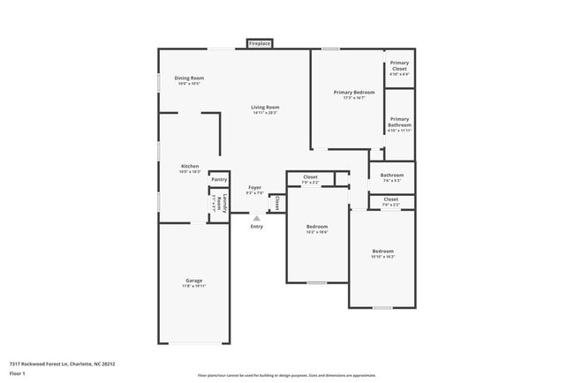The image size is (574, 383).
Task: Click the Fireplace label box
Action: tap(260, 42)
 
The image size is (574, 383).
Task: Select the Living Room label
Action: tap(265, 109)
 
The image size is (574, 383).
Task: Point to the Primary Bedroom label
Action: tap(354, 94)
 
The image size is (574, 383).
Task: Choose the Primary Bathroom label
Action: tap(399, 124)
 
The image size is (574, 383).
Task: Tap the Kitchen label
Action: tap(190, 169)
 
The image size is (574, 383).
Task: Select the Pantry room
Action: tap(218, 179)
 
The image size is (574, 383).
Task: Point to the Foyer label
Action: tap(254, 190)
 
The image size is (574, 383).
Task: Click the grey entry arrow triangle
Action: tap(257, 218)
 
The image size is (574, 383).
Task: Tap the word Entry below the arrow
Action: tap(257, 227)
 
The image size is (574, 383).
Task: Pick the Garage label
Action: tap(194, 282)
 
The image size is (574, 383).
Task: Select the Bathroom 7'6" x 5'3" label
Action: tap(391, 177)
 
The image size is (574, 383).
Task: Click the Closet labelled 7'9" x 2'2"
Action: tap(311, 179)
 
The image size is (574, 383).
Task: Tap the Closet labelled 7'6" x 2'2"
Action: tap(390, 201)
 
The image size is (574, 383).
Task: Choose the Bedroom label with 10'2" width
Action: tap(317, 229)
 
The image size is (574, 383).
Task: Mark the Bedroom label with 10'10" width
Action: tap(382, 253)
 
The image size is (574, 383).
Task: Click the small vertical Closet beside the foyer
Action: tap(276, 204)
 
